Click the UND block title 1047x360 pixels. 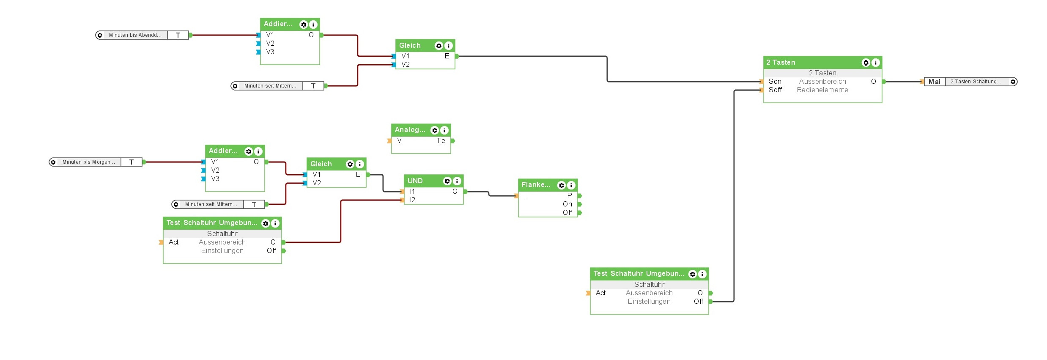click(x=415, y=181)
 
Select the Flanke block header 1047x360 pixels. click(x=536, y=185)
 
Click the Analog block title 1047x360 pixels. click(x=410, y=130)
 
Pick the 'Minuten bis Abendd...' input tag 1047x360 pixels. click(x=135, y=35)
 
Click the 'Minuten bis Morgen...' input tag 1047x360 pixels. click(x=88, y=162)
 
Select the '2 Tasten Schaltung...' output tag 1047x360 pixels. click(x=976, y=82)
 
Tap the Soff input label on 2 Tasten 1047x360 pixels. click(x=775, y=90)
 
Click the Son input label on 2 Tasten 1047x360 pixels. click(x=775, y=81)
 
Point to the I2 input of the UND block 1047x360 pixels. click(x=412, y=200)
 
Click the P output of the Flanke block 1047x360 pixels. click(x=570, y=195)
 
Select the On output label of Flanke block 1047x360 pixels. click(x=567, y=204)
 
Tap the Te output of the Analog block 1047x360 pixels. click(x=441, y=140)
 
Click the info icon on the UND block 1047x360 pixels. click(x=457, y=181)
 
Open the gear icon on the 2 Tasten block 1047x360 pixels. click(x=866, y=63)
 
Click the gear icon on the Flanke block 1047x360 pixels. click(x=561, y=185)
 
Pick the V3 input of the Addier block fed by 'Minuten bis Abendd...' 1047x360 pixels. click(x=270, y=52)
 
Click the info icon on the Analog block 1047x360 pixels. click(x=444, y=130)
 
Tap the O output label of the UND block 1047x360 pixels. click(x=455, y=191)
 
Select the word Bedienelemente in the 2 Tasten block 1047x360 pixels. click(x=822, y=90)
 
